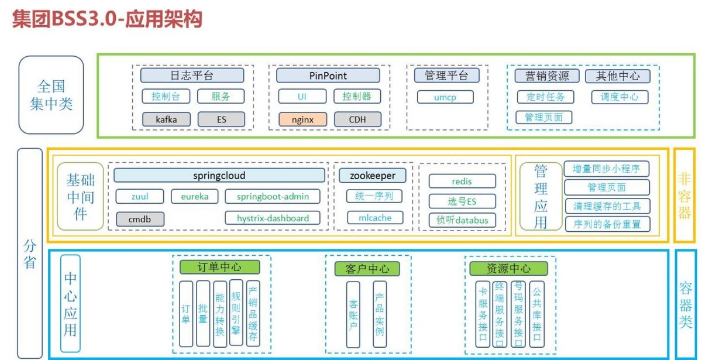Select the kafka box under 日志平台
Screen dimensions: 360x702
tap(166, 119)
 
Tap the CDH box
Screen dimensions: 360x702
tap(357, 119)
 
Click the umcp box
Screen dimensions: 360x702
tap(445, 97)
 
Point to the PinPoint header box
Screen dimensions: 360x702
tap(328, 76)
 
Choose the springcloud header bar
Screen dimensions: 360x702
tap(219, 176)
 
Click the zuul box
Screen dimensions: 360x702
tap(139, 196)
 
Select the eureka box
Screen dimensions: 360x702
tap(194, 196)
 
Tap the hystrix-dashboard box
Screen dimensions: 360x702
tap(273, 218)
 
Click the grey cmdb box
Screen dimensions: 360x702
tap(139, 219)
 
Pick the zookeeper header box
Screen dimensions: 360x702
tap(372, 176)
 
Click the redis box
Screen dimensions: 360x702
tap(462, 181)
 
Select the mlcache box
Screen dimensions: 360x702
tap(375, 218)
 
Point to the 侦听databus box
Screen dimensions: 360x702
tap(462, 220)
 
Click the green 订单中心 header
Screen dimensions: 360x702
tap(219, 268)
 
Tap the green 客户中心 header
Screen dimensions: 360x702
tap(362, 269)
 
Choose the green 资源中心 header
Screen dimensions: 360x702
tap(508, 268)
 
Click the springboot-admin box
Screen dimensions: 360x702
tap(273, 196)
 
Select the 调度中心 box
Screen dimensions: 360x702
tap(620, 97)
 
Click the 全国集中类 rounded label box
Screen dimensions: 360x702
tap(51, 95)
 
